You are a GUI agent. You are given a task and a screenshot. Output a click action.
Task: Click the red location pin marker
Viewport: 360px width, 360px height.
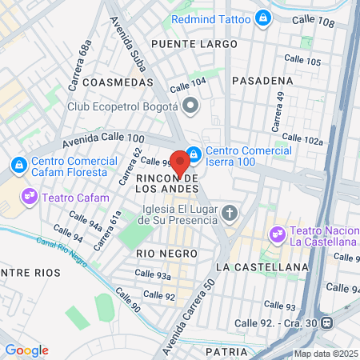pyautogui.click(x=180, y=162)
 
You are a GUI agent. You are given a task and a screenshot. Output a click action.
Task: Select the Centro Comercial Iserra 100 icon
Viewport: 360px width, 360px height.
pyautogui.click(x=194, y=153)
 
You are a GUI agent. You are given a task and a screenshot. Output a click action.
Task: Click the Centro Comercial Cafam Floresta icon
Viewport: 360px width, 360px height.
pyautogui.click(x=18, y=164)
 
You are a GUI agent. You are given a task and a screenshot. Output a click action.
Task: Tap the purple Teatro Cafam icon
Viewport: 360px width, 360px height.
pyautogui.click(x=30, y=194)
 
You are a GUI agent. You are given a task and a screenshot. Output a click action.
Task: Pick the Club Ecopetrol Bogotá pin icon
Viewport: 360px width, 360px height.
pyautogui.click(x=190, y=106)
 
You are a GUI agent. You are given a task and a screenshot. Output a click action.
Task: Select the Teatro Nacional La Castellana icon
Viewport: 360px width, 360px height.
pyautogui.click(x=278, y=234)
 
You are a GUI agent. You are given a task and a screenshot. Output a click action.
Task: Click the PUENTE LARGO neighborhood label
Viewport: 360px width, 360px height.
pyautogui.click(x=194, y=43)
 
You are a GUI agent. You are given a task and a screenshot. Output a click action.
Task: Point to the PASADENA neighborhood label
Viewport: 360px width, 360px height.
pyautogui.click(x=262, y=81)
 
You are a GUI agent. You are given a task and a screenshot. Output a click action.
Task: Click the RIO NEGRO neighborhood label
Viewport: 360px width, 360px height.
pyautogui.click(x=166, y=253)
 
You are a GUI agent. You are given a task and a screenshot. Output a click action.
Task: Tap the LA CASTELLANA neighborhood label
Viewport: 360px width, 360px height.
pyautogui.click(x=262, y=266)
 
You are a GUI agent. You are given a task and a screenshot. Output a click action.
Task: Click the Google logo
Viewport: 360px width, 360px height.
pyautogui.click(x=26, y=350)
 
